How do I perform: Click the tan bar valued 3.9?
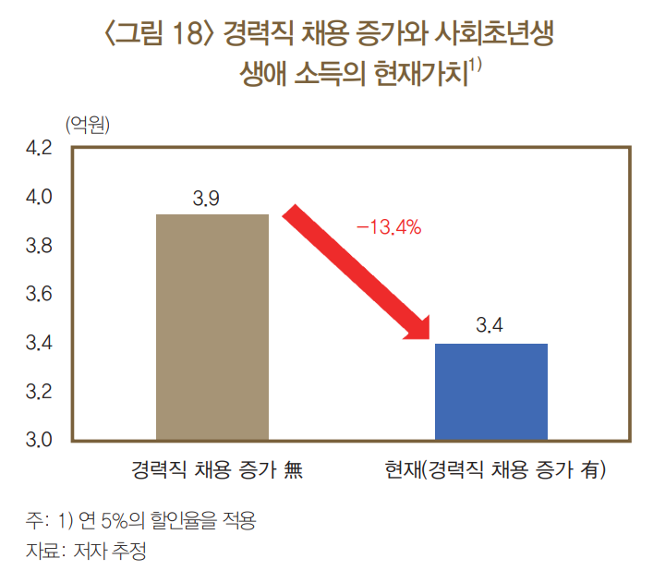coord(212,326)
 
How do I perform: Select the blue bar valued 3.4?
coord(491,391)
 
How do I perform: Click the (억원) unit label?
coord(88,125)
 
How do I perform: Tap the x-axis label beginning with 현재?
coord(495,471)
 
